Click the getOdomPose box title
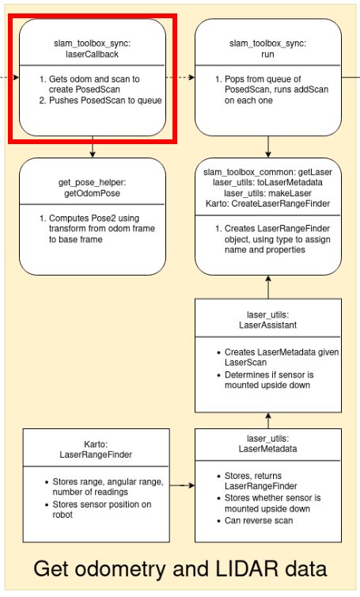pyautogui.click(x=93, y=188)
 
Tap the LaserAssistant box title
pyautogui.click(x=268, y=320)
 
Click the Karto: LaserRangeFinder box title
pyautogui.click(x=97, y=449)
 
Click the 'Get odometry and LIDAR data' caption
pyautogui.click(x=180, y=568)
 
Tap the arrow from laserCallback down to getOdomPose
pyautogui.click(x=93, y=147)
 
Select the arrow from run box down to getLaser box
pyautogui.click(x=268, y=146)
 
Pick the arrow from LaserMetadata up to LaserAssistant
pyautogui.click(x=268, y=420)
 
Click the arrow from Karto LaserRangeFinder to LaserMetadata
pyautogui.click(x=182, y=485)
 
